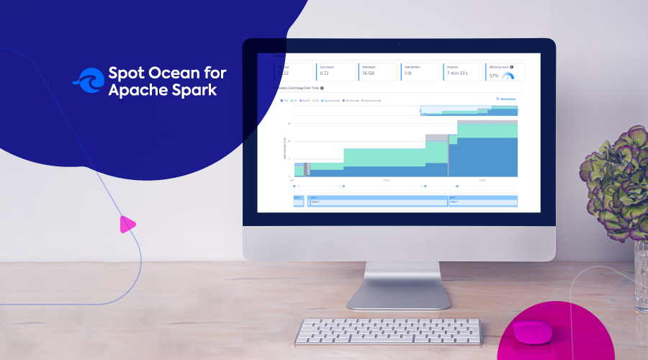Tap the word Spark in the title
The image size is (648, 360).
click(x=192, y=91)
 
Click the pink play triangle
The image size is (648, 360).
click(x=127, y=225)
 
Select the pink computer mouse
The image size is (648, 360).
click(x=532, y=331)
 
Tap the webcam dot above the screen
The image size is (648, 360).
click(x=399, y=45)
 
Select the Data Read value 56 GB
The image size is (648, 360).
click(x=369, y=73)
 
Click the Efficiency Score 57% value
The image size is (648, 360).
click(x=494, y=75)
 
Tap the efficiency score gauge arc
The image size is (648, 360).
click(x=508, y=76)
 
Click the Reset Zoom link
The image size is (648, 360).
click(x=506, y=98)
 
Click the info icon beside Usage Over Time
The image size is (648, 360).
click(x=322, y=89)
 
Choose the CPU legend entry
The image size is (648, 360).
click(x=284, y=102)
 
